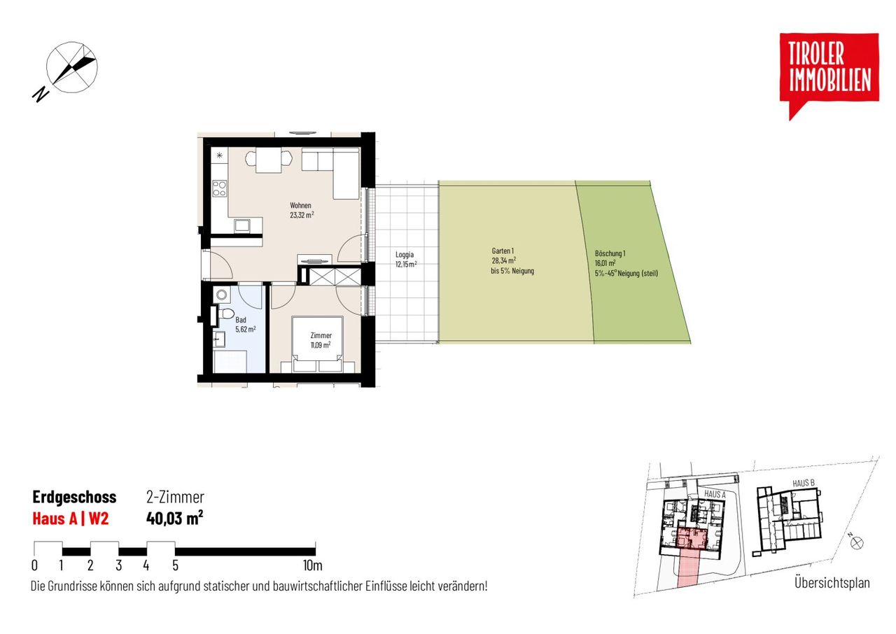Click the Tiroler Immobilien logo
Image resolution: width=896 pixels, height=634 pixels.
pyautogui.click(x=829, y=76)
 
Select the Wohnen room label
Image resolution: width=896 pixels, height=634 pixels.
pyautogui.click(x=300, y=206)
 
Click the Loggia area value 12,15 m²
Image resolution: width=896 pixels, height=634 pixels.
pyautogui.click(x=406, y=265)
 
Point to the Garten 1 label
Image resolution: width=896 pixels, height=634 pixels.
pyautogui.click(x=503, y=251)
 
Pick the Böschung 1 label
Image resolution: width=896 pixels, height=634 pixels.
pyautogui.click(x=610, y=253)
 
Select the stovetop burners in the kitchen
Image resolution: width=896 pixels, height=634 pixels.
pyautogui.click(x=219, y=189)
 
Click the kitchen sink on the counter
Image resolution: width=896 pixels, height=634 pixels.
pyautogui.click(x=242, y=225)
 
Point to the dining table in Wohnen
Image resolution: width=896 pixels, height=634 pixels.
pyautogui.click(x=269, y=160)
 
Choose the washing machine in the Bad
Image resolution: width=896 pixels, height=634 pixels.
pyautogui.click(x=221, y=295)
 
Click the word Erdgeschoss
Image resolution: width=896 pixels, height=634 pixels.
pyautogui.click(x=74, y=497)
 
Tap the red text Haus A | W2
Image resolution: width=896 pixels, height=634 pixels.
pyautogui.click(x=71, y=519)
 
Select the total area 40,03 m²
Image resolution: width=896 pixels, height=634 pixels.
pyautogui.click(x=175, y=518)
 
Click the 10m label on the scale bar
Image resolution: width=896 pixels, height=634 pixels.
pyautogui.click(x=312, y=565)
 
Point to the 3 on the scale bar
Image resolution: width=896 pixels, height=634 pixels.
pyautogui.click(x=119, y=565)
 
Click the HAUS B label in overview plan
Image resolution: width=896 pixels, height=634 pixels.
pyautogui.click(x=804, y=483)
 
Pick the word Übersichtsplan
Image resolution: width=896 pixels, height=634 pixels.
pyautogui.click(x=832, y=583)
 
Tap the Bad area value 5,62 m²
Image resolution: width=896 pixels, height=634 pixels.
pyautogui.click(x=246, y=330)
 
